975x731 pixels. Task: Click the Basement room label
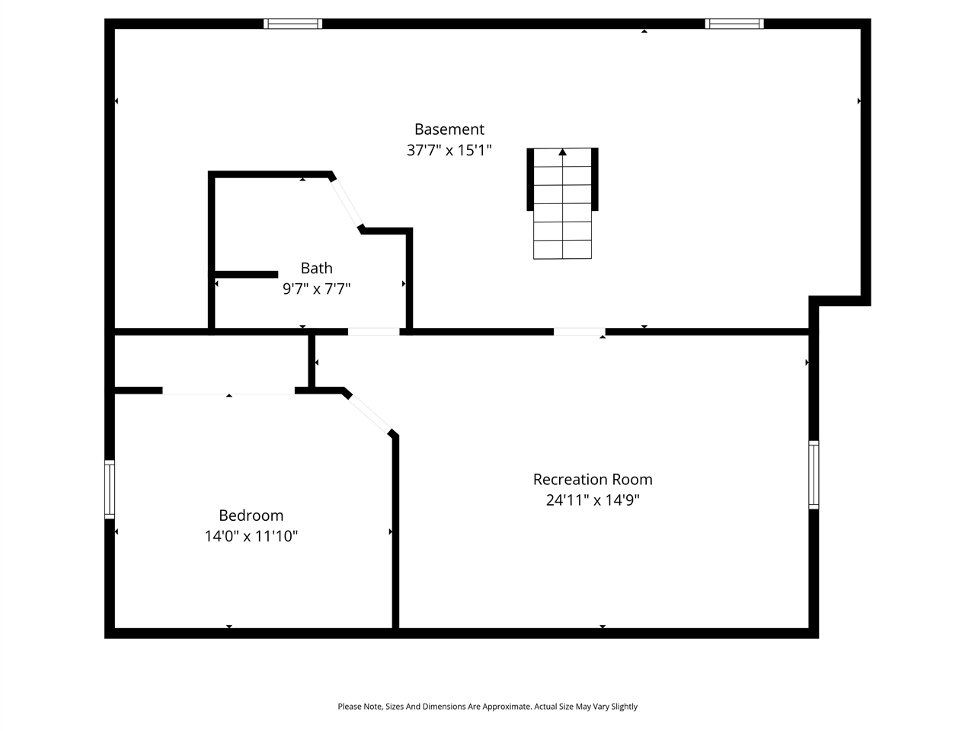tap(449, 129)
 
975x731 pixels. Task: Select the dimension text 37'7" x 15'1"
tap(449, 150)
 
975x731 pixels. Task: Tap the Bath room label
tap(316, 268)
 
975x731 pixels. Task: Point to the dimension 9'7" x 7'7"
tap(316, 289)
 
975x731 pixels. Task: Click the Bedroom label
tap(251, 516)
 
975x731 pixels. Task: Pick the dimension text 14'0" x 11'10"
tap(251, 536)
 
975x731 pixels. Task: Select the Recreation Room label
tap(592, 480)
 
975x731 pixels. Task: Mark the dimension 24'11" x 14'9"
tap(592, 500)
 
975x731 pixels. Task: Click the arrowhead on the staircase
tap(562, 152)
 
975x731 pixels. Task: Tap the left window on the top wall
tap(292, 24)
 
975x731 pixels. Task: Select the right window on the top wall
tap(734, 24)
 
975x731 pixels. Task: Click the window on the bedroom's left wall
tap(110, 490)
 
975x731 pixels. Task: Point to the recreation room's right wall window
tap(814, 474)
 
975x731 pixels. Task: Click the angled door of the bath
tap(347, 202)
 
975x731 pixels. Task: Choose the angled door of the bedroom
tap(369, 413)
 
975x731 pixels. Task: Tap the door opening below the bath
tap(373, 331)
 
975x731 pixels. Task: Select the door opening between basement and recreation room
tap(579, 331)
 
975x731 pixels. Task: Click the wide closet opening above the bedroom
tap(229, 391)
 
